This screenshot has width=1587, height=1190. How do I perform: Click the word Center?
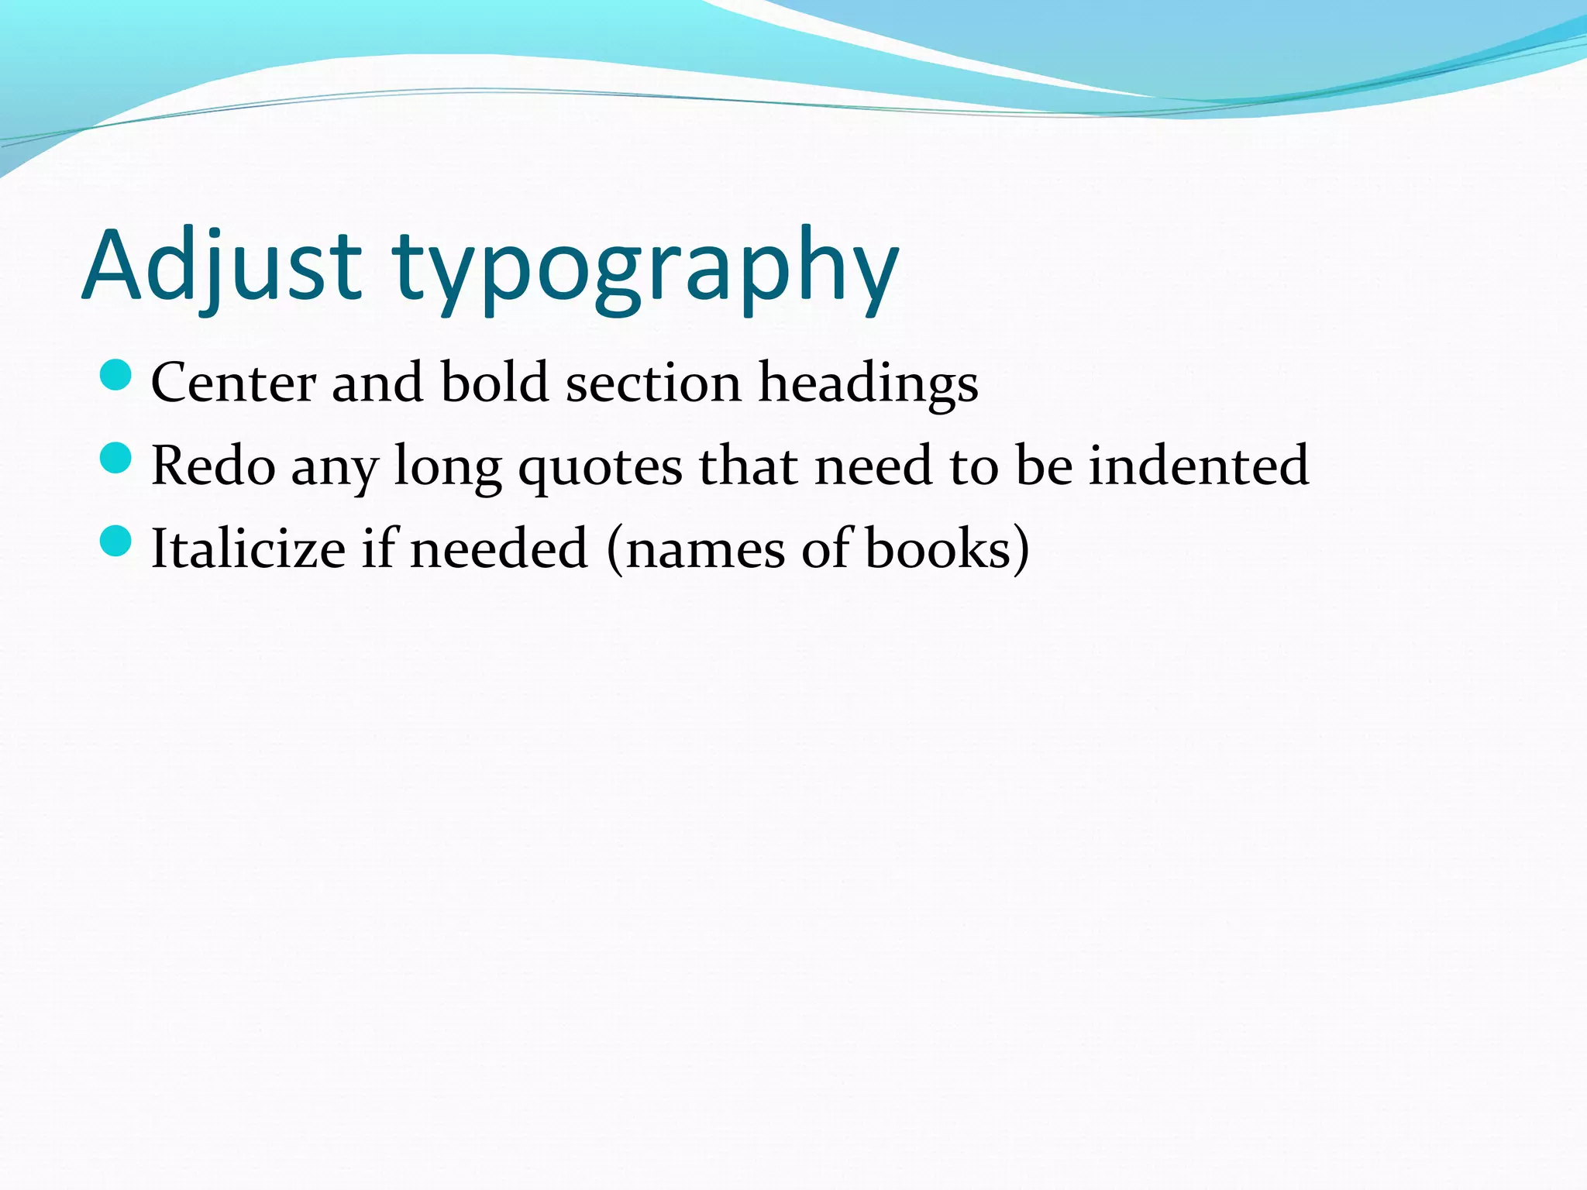[x=233, y=383]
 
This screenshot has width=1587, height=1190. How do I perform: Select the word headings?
[x=868, y=384]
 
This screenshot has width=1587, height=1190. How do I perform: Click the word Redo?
[x=213, y=466]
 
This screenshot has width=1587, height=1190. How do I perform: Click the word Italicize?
[x=248, y=549]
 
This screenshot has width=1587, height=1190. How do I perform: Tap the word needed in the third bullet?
[x=499, y=549]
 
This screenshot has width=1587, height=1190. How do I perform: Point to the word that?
[x=749, y=466]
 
